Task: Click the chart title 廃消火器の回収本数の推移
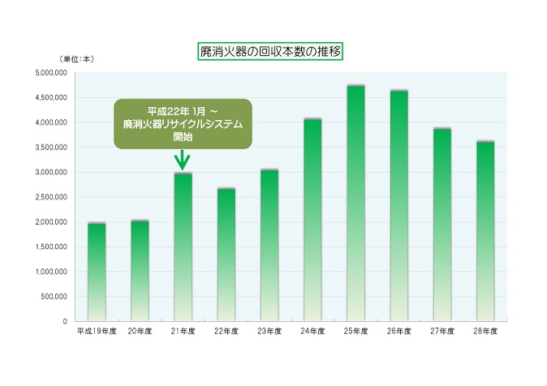click(270, 52)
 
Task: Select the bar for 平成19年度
click(97, 272)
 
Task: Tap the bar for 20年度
click(140, 271)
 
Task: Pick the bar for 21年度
click(183, 247)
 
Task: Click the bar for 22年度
click(226, 255)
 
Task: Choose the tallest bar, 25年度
click(355, 204)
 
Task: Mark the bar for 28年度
click(485, 232)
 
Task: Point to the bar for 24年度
click(312, 220)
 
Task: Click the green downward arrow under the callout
click(183, 161)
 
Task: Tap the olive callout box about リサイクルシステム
click(183, 124)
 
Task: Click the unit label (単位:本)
click(77, 59)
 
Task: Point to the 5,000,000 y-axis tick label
click(51, 73)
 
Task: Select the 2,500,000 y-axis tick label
click(51, 197)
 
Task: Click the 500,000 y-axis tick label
click(54, 296)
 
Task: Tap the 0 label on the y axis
click(65, 321)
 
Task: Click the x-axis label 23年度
click(269, 331)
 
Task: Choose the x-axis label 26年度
click(399, 331)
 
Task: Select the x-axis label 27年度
click(442, 331)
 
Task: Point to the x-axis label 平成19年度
click(97, 331)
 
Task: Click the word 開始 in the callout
click(183, 137)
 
